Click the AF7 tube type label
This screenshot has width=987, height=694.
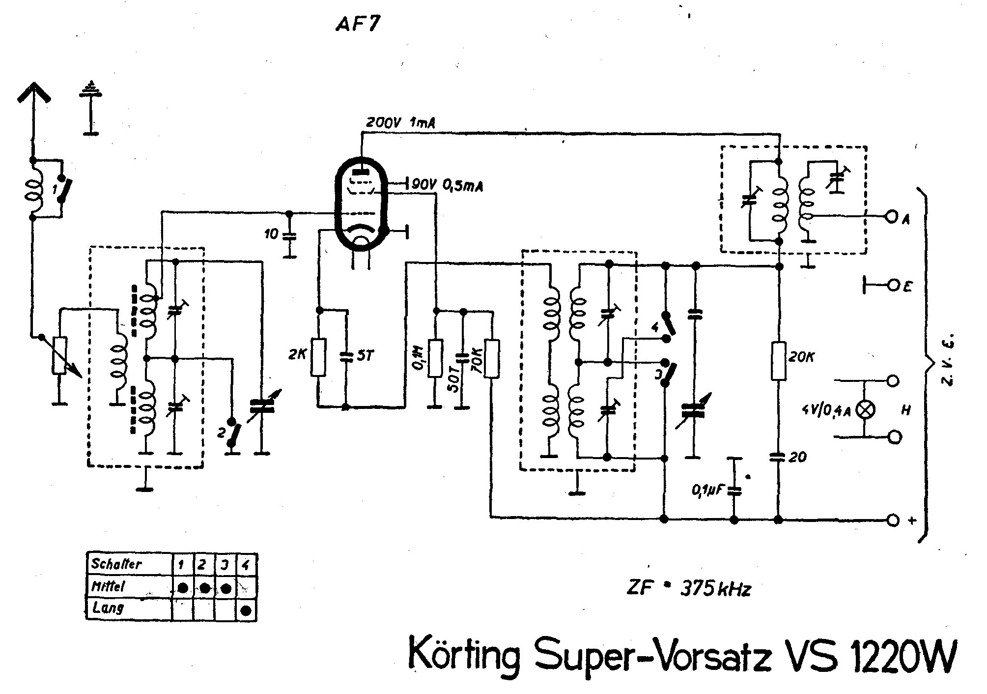[x=357, y=24]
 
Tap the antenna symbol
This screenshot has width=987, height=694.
[x=33, y=98]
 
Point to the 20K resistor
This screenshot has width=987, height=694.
[x=779, y=361]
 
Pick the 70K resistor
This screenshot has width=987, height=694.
[x=491, y=358]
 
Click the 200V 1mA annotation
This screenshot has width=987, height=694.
[x=400, y=122]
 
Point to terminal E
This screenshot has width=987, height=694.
[x=893, y=285]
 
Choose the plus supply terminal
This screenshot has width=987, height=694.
[x=893, y=519]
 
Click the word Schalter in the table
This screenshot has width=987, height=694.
[x=116, y=563]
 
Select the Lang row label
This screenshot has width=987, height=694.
[x=108, y=608]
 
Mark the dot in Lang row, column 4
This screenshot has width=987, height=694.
[x=247, y=610]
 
